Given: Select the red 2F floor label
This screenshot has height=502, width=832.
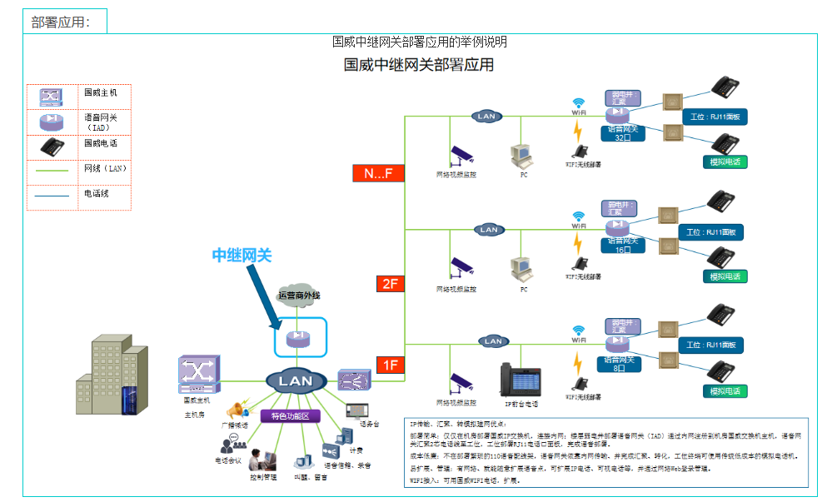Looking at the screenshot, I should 389,284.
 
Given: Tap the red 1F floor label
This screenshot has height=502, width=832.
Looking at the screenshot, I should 389,365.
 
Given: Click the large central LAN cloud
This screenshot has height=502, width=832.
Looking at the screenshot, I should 295,381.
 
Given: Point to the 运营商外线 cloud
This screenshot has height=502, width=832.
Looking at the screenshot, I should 299,296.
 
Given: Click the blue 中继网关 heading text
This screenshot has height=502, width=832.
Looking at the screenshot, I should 242,256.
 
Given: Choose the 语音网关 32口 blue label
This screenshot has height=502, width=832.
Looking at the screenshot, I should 623,133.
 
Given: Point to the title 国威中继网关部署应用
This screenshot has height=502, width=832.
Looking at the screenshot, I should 419,65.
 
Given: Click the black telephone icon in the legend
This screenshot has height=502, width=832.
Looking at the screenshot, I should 52,147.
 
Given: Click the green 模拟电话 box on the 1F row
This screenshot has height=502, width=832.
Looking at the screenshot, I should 725,390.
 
